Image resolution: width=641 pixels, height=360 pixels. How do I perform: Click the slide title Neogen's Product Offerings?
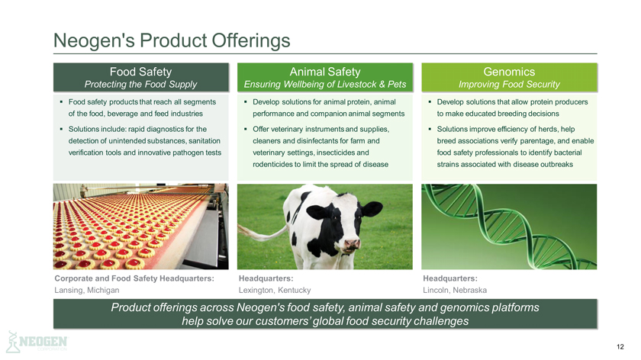point(172,40)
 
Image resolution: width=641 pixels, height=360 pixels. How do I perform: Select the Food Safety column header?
point(140,77)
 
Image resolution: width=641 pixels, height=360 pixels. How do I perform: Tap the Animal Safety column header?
point(325,77)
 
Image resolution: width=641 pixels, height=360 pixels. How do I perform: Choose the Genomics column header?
point(509,77)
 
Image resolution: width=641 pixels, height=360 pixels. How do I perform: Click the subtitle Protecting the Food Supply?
point(140,84)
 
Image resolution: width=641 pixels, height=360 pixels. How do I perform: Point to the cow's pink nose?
point(352,244)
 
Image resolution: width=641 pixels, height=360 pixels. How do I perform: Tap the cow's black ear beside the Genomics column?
point(371,209)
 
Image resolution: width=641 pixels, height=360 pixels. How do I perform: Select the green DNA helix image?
point(509,227)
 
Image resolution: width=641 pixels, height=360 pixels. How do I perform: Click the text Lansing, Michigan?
point(87,290)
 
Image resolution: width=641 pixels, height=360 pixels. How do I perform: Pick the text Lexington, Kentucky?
point(275,290)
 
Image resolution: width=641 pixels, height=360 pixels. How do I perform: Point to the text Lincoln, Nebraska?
point(455,290)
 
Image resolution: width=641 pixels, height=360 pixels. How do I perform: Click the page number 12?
point(620,347)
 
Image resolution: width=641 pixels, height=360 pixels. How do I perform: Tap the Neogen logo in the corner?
point(37,342)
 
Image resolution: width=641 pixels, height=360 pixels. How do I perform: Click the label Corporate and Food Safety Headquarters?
point(134,278)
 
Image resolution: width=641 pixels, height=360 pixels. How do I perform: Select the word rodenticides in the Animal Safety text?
point(272,164)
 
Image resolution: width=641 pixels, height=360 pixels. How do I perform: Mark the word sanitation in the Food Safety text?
point(205,140)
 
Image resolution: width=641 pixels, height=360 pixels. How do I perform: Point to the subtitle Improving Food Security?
point(509,84)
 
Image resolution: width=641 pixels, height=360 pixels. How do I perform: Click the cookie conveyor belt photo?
point(140,227)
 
